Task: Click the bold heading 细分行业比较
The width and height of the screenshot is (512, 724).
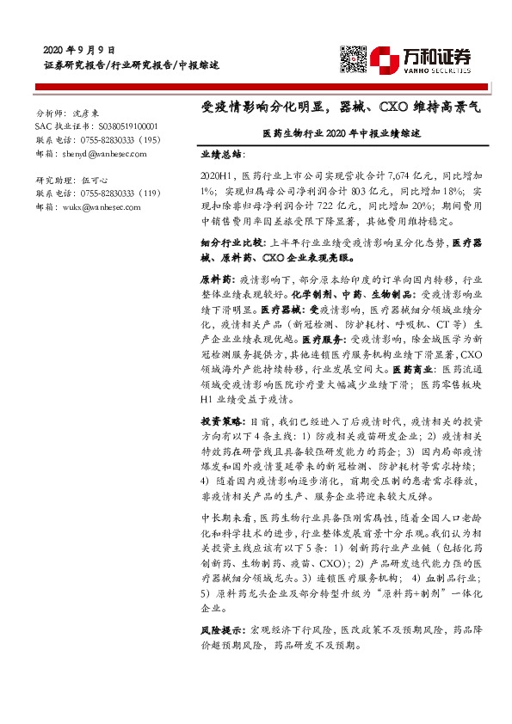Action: click(226, 242)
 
